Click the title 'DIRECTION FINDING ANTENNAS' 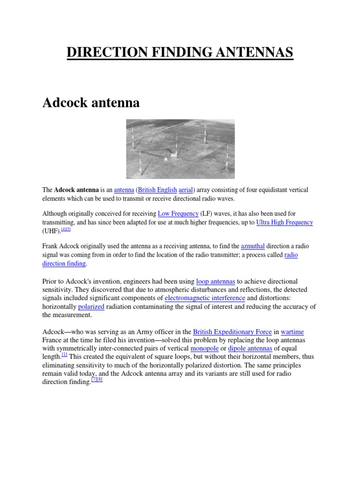pos(180,52)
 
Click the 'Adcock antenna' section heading pos(91,103)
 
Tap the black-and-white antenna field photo pos(180,149)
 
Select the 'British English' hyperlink pos(157,190)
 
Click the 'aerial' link pos(186,190)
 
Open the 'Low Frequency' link pos(178,213)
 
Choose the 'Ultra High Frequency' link pos(285,222)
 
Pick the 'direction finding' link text pos(64,263)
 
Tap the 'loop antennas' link pos(216,281)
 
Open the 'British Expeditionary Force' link pos(232,331)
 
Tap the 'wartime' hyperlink pos(292,331)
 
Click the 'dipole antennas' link pos(250,348)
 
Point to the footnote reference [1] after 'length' pos(65,354)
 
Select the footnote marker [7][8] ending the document pos(97,379)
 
